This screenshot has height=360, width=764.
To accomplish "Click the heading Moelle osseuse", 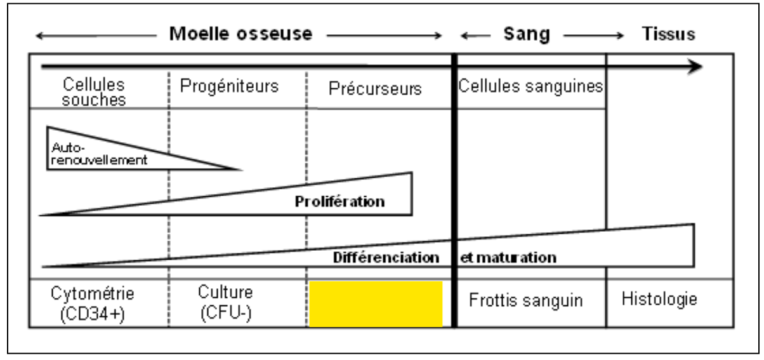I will pos(240,34).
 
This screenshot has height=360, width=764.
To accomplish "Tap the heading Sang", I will pos(526,34).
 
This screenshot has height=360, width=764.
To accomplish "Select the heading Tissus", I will pos(668,34).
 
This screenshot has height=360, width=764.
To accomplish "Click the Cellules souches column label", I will pos(94,92).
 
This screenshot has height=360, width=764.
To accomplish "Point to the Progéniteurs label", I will pos(229,86).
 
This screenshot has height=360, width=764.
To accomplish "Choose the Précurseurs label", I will pos(375,89).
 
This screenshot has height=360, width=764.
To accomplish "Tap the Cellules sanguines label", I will pos(530,86).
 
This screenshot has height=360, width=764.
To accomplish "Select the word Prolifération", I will pos(339,202).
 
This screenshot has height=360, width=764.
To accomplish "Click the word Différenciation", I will pos(386,258).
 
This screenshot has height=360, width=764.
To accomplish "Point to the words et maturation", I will pos(508,258).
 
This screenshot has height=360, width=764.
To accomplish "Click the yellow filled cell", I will pos(376,304).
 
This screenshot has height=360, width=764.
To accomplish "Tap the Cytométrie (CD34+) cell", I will pos(93,303).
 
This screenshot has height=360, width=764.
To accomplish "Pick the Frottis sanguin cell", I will pos(525,300).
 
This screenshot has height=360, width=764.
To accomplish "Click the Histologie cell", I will pos(659,298).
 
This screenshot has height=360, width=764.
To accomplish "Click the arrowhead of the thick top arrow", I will pos(696,67).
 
